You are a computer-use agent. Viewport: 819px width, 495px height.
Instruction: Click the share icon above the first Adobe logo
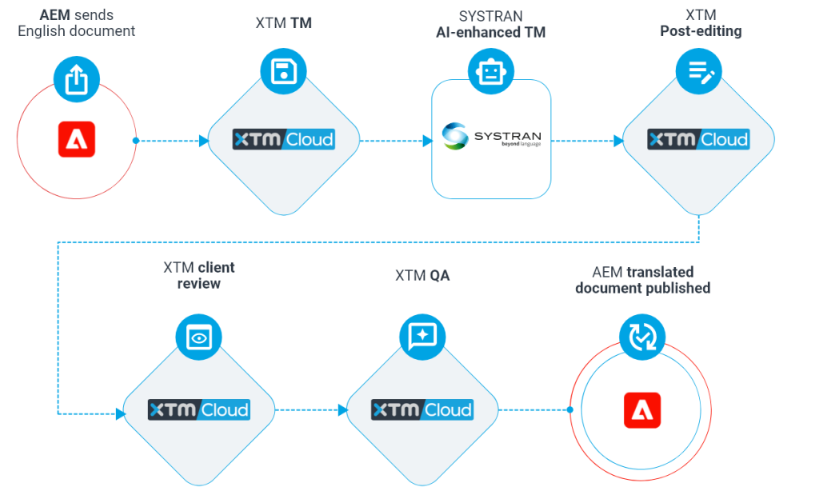pos(76,79)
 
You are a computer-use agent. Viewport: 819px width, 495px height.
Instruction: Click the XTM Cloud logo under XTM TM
pos(283,139)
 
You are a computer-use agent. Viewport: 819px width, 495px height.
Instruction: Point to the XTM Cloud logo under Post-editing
pos(698,139)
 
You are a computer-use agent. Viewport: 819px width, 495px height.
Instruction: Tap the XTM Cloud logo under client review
pos(198,410)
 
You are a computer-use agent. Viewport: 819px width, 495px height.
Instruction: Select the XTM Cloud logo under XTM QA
pos(421,410)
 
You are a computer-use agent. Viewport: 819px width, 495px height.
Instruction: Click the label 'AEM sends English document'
pos(76,23)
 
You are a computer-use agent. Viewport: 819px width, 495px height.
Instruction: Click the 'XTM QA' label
pos(421,276)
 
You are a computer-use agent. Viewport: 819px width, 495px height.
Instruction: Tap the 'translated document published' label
pos(642,280)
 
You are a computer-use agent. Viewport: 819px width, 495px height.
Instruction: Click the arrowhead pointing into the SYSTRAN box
pos(428,141)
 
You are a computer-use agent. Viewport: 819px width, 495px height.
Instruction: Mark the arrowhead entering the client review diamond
pos(121,413)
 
